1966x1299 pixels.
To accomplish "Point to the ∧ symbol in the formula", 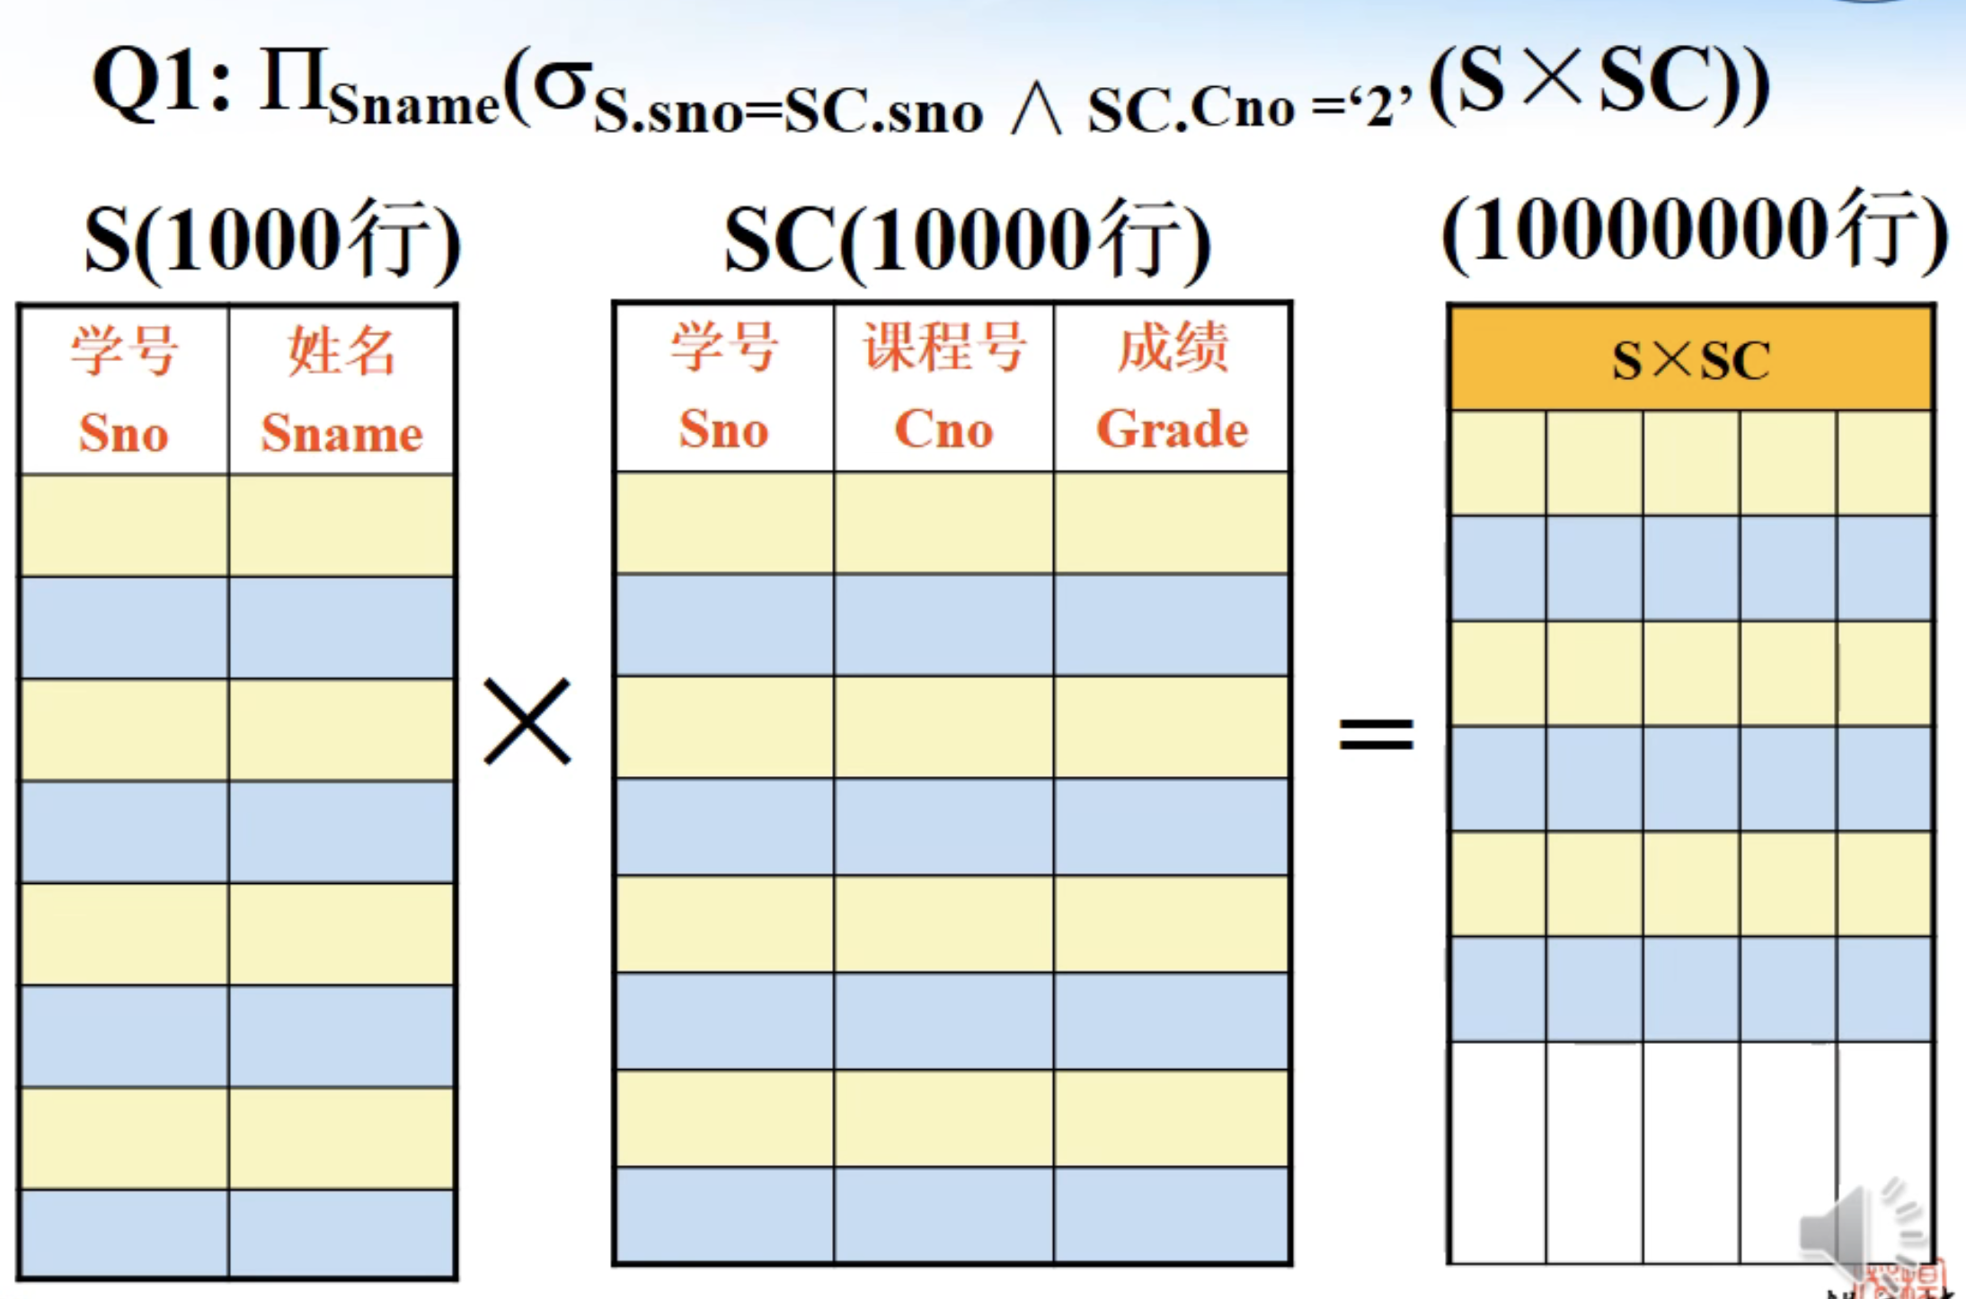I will coord(1035,111).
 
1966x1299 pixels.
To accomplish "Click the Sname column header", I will coord(341,433).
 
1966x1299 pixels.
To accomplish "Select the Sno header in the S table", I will coord(124,433).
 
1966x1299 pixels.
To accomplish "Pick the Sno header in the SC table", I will coord(723,429).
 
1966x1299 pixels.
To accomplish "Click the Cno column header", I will coord(943,429).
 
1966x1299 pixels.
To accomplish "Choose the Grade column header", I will coord(1173,429).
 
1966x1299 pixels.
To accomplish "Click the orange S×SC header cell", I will coord(1690,360).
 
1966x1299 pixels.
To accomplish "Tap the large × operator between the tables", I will coord(527,721).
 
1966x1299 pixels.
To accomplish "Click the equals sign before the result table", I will coord(1376,733).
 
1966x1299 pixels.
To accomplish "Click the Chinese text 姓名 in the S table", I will coord(341,350).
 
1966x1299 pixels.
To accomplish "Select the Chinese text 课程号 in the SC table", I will coord(943,347).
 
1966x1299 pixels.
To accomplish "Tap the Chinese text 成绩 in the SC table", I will coord(1173,347).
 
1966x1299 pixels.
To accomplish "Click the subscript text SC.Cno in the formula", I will coord(1191,110).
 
